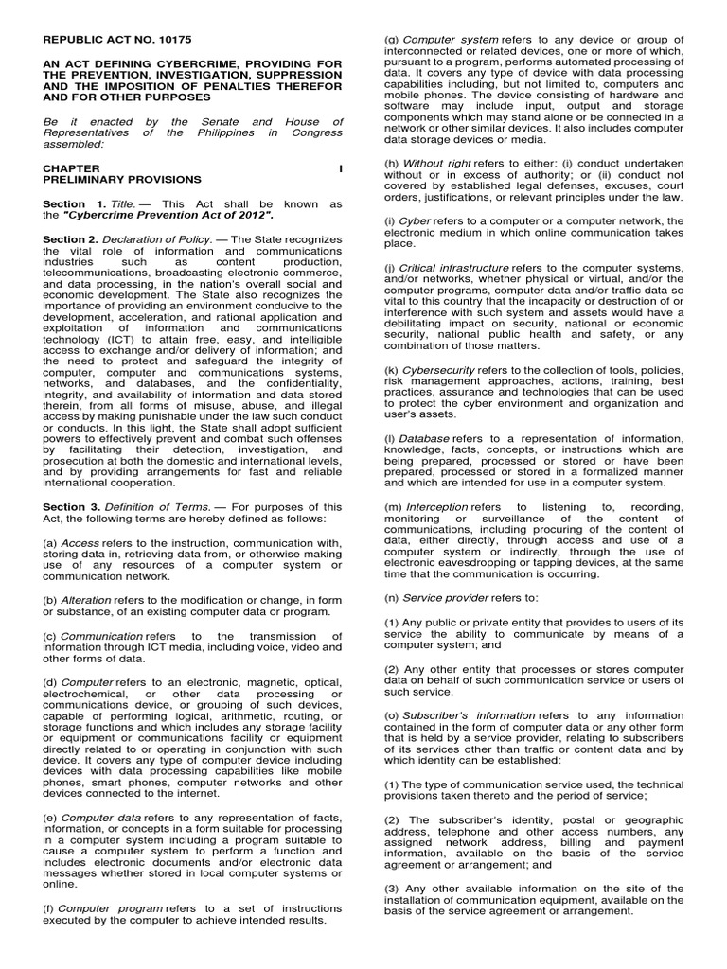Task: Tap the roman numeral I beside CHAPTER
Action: [x=340, y=167]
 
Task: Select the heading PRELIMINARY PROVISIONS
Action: [x=122, y=179]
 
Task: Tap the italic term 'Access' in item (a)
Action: [x=80, y=543]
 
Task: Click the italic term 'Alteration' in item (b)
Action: [x=86, y=600]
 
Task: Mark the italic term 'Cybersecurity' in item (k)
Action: [x=439, y=370]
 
